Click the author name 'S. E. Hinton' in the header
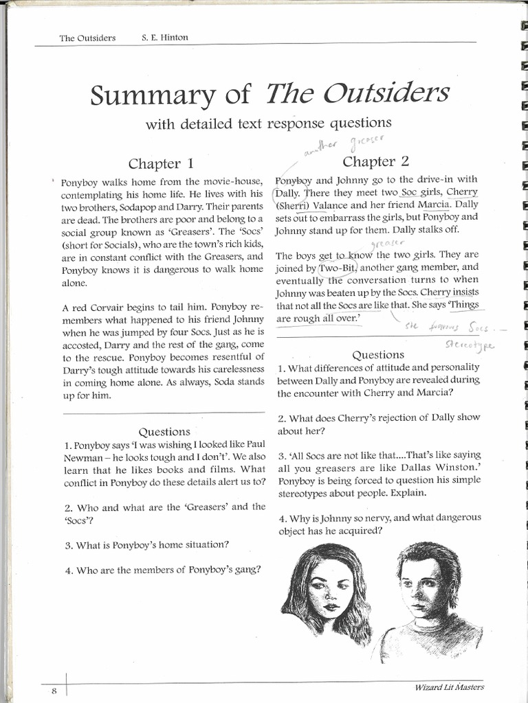(166, 38)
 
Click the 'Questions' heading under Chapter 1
(164, 432)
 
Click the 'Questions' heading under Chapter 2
(377, 355)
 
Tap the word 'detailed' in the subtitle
(210, 124)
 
